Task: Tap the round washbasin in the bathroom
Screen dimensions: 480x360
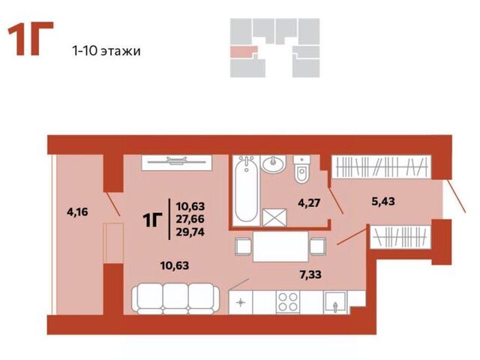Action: click(273, 164)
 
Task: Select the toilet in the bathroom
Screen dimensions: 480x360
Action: click(301, 169)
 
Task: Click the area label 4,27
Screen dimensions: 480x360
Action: click(309, 202)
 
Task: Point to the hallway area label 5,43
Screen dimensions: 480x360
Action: click(383, 202)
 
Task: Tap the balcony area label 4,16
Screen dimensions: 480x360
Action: click(77, 211)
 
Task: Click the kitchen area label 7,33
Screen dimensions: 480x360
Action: click(310, 274)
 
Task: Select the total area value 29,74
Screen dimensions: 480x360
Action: click(190, 232)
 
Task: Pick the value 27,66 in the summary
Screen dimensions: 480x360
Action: click(190, 219)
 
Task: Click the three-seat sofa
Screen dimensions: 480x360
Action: click(175, 298)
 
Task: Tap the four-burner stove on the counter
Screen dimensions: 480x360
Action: click(288, 302)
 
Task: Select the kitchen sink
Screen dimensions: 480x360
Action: click(335, 302)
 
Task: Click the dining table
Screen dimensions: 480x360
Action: click(280, 247)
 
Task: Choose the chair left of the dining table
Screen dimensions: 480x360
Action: click(243, 247)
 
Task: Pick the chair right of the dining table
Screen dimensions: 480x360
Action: click(318, 247)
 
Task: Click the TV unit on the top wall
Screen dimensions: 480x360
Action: click(176, 163)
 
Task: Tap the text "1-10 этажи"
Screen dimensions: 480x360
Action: click(106, 51)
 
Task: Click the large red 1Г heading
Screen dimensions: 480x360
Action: click(30, 38)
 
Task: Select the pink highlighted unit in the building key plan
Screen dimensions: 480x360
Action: click(243, 52)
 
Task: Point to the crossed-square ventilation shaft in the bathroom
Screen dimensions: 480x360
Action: click(274, 217)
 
